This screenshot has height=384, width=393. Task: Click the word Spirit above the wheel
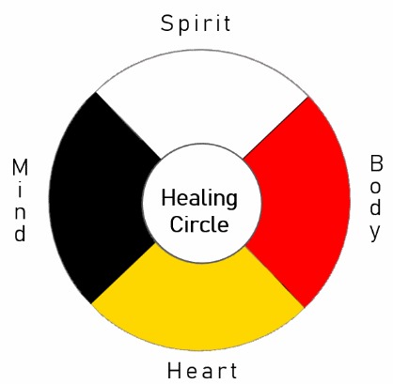(196, 23)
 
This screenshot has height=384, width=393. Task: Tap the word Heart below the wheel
(202, 371)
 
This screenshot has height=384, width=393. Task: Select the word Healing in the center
(199, 199)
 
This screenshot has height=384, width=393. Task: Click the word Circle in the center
(199, 223)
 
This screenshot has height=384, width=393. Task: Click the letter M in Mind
(20, 167)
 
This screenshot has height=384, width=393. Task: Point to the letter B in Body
(376, 163)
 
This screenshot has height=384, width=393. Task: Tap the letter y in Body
(375, 233)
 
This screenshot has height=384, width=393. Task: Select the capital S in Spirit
(167, 23)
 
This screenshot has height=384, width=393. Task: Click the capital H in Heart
(174, 371)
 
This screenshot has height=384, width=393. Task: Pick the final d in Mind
(20, 234)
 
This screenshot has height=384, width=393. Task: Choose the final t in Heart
(232, 371)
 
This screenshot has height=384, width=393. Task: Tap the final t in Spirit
(227, 23)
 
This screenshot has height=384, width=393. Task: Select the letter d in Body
(375, 207)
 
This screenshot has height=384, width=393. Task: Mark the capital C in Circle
(176, 223)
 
